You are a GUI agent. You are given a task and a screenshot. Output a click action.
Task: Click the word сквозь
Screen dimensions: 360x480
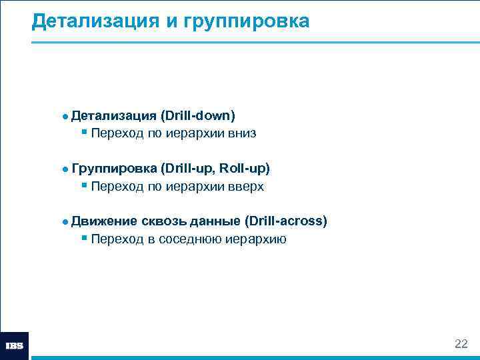tap(166, 221)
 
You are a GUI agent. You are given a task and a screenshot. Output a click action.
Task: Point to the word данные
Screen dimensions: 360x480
tap(217, 221)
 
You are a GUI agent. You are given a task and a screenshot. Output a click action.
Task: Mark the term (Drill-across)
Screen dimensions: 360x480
tap(286, 221)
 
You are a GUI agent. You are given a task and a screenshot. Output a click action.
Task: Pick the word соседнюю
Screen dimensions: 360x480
tap(189, 239)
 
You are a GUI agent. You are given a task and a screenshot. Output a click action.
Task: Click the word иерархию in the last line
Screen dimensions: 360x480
tap(258, 239)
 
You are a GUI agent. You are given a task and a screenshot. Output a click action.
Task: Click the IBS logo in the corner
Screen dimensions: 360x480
tap(15, 346)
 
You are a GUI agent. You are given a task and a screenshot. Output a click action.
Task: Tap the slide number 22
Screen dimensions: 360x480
tap(461, 344)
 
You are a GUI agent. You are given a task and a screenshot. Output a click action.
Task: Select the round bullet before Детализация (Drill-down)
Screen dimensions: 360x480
tap(65, 117)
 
